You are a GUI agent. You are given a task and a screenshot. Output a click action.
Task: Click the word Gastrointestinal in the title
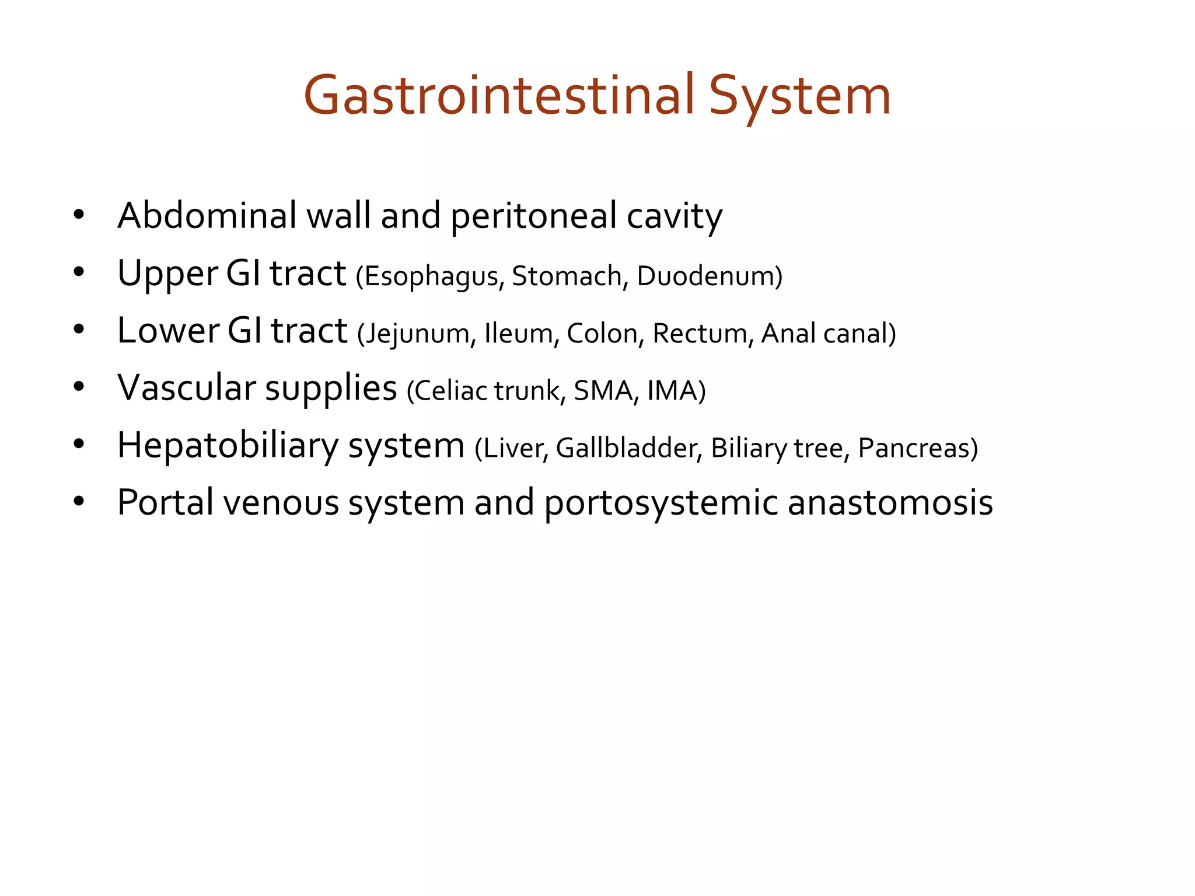coord(499,95)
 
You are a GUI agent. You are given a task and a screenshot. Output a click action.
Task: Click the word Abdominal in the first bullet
coord(207,215)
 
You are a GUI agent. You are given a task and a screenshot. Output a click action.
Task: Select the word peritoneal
coord(533,216)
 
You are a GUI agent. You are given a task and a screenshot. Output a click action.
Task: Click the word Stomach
coord(567,276)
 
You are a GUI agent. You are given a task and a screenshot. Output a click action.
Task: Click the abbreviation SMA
coord(602,391)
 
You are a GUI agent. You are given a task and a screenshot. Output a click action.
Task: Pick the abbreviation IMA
coord(673,391)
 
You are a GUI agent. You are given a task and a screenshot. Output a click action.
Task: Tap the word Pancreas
coord(914,448)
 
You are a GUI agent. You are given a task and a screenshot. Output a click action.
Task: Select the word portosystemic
coord(661,503)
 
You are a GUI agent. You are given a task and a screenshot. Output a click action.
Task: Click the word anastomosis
coord(890,503)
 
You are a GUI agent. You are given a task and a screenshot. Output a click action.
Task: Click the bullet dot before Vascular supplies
coord(79,387)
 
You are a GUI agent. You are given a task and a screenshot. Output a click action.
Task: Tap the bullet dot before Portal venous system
coord(79,501)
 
